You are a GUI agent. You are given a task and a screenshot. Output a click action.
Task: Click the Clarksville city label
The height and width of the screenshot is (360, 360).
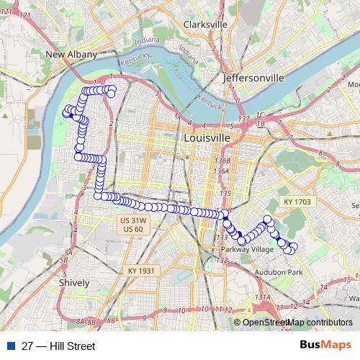pyautogui.click(x=205, y=24)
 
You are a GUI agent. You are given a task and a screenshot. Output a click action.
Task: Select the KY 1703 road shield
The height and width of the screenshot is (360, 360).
pyautogui.click(x=296, y=202)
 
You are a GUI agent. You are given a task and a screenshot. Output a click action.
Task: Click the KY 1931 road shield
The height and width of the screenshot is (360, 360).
pyautogui.click(x=142, y=270)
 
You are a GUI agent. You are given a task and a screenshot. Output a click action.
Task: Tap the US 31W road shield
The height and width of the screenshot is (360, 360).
pyautogui.click(x=133, y=220)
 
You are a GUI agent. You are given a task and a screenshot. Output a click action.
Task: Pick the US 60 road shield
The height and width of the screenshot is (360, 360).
pyautogui.click(x=133, y=229)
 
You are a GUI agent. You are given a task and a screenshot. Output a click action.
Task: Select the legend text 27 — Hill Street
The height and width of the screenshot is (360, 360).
pyautogui.click(x=58, y=346)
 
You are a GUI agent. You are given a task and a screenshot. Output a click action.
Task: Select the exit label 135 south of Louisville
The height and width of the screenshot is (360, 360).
pyautogui.click(x=226, y=194)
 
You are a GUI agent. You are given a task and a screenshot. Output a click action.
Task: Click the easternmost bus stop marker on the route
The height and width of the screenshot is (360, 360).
pyautogui.click(x=293, y=248)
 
